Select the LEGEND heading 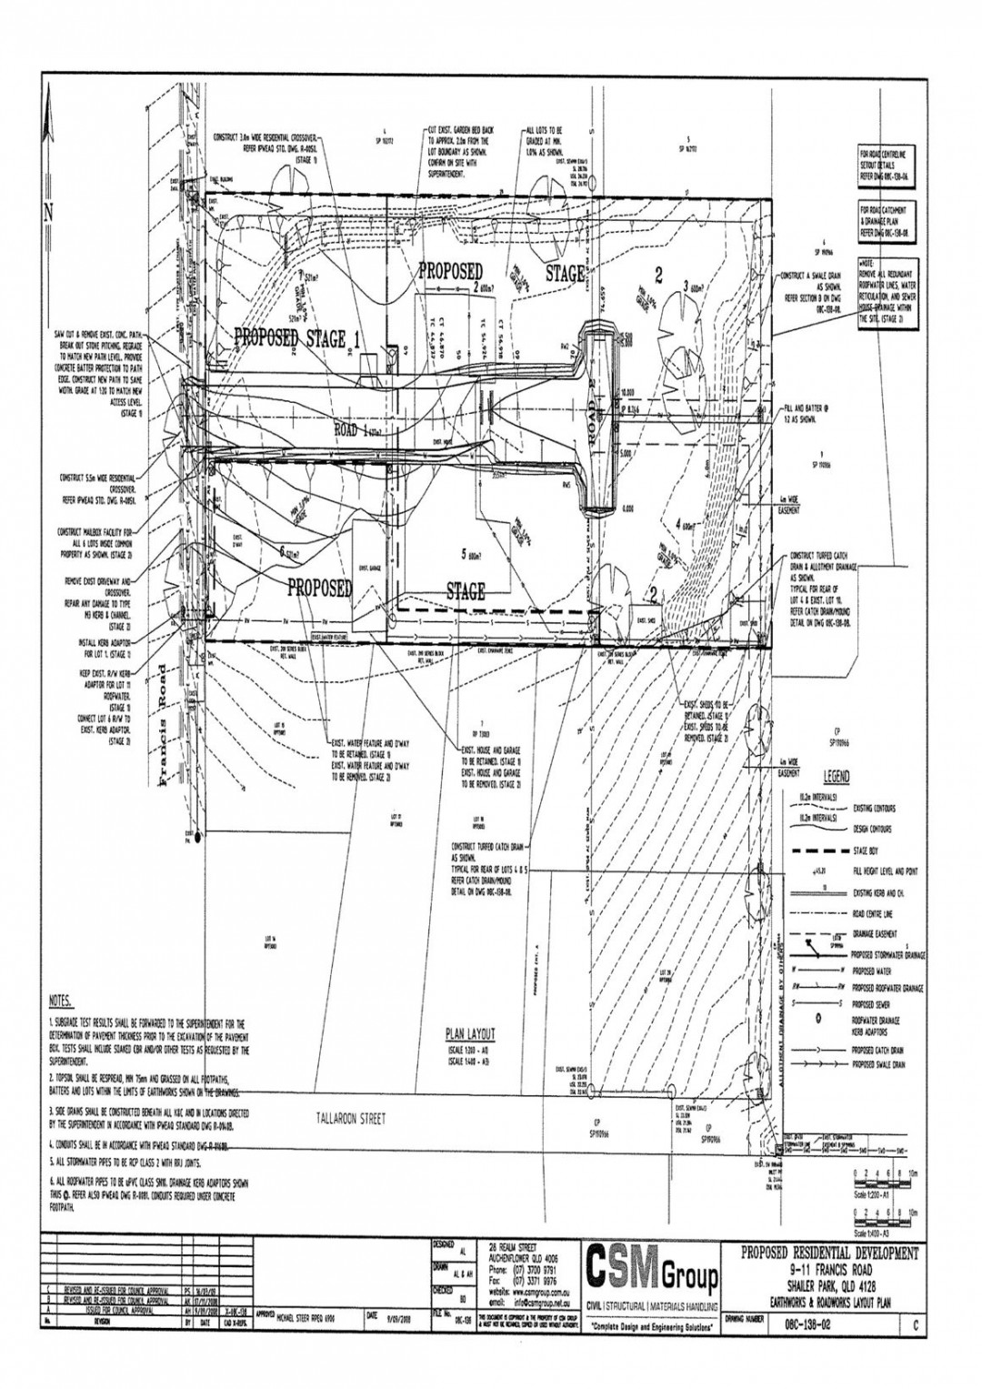pos(836,778)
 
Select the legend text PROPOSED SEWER pos(873,1005)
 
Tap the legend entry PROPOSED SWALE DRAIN pos(878,1062)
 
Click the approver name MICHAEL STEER pos(296,1315)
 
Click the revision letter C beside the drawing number pos(916,1327)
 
